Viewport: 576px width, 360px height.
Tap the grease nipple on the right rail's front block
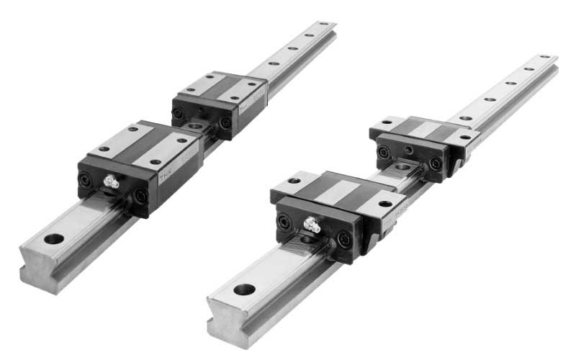click(x=312, y=226)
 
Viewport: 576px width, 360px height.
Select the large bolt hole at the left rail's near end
click(x=53, y=239)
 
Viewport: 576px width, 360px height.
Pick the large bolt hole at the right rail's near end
click(x=245, y=289)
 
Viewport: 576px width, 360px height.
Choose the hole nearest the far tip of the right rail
click(x=544, y=58)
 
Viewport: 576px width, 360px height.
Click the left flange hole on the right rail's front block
click(x=294, y=180)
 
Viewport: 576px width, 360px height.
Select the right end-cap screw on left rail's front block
click(x=140, y=195)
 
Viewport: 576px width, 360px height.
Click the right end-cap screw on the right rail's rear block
click(x=435, y=163)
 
